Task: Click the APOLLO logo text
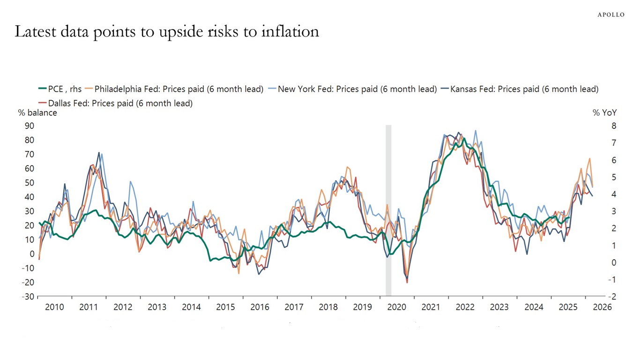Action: [610, 15]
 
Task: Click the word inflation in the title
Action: [290, 31]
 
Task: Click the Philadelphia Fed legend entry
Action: [179, 89]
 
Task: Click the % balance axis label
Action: [37, 113]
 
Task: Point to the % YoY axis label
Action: [605, 113]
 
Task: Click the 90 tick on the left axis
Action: [30, 126]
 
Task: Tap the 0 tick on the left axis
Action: [32, 254]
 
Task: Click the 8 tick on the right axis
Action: [601, 126]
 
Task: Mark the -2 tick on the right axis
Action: [599, 297]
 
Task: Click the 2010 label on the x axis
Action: [54, 307]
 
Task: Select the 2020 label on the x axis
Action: [396, 307]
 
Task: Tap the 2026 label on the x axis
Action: [602, 307]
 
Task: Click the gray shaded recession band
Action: [388, 211]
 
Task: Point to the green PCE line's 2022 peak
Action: [463, 139]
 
